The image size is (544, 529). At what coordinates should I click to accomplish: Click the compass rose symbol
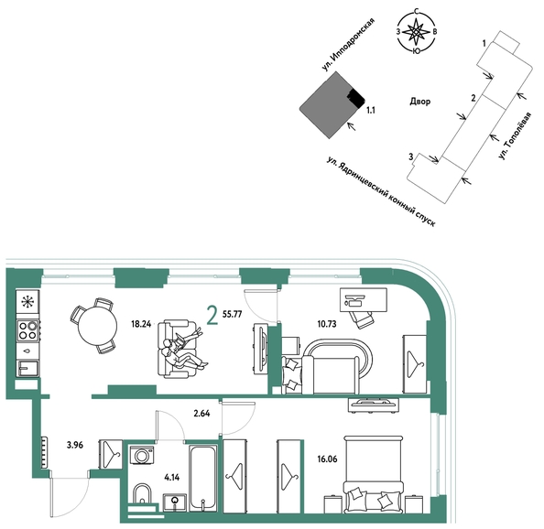[x=417, y=32]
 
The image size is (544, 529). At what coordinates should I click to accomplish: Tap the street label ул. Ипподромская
[x=348, y=44]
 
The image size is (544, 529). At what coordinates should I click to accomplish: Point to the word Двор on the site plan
[x=420, y=102]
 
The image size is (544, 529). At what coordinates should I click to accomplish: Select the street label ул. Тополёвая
[x=515, y=135]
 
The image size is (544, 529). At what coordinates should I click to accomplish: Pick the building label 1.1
[x=371, y=111]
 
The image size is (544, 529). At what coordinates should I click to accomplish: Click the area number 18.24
[x=141, y=324]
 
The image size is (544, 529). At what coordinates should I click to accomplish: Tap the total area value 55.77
[x=232, y=315]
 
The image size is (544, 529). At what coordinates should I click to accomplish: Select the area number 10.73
[x=326, y=324]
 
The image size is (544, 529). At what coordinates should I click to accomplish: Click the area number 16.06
[x=327, y=459]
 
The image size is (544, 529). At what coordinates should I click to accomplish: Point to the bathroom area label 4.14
[x=172, y=478]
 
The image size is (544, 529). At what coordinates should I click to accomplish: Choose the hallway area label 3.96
[x=75, y=445]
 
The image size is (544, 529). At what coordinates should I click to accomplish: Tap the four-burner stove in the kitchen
[x=28, y=330]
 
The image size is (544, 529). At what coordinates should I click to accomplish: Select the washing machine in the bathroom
[x=141, y=455]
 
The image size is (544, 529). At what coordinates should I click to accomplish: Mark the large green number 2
[x=212, y=315]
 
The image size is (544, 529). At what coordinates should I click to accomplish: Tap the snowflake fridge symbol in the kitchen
[x=27, y=302]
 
